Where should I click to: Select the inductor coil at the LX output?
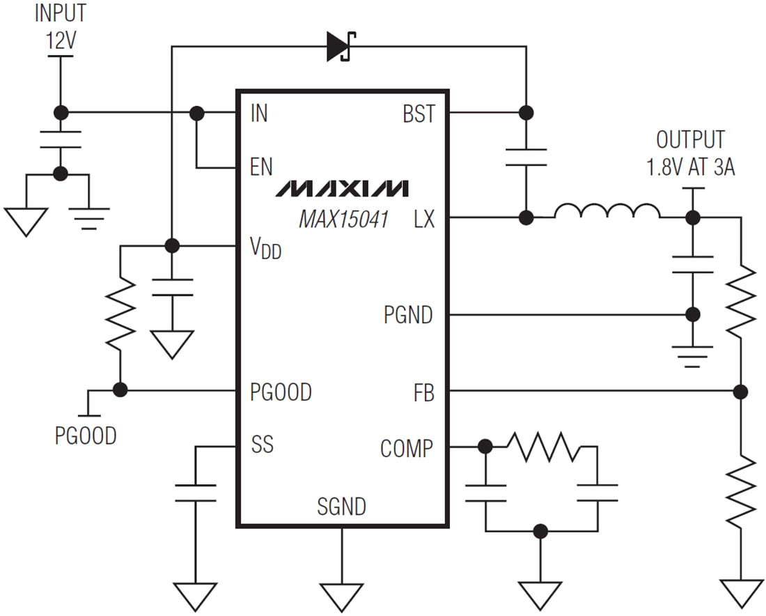[x=607, y=212]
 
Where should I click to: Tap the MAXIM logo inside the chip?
[x=342, y=188]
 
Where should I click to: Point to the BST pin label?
[x=419, y=114]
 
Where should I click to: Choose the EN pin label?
[x=261, y=167]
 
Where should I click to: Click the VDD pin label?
[x=265, y=248]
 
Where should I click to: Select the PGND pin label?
[x=408, y=316]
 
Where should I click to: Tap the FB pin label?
[x=423, y=394]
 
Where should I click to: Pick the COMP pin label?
[x=406, y=449]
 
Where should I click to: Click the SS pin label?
[x=262, y=445]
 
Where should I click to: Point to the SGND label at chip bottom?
[x=341, y=507]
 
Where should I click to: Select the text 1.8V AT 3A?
[x=690, y=168]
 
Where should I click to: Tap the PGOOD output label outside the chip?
[x=86, y=436]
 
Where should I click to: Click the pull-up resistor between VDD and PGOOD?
[x=120, y=314]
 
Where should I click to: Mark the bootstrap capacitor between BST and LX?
[x=526, y=157]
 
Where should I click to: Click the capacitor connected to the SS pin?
[x=196, y=492]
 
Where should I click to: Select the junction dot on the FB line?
[x=741, y=391]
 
